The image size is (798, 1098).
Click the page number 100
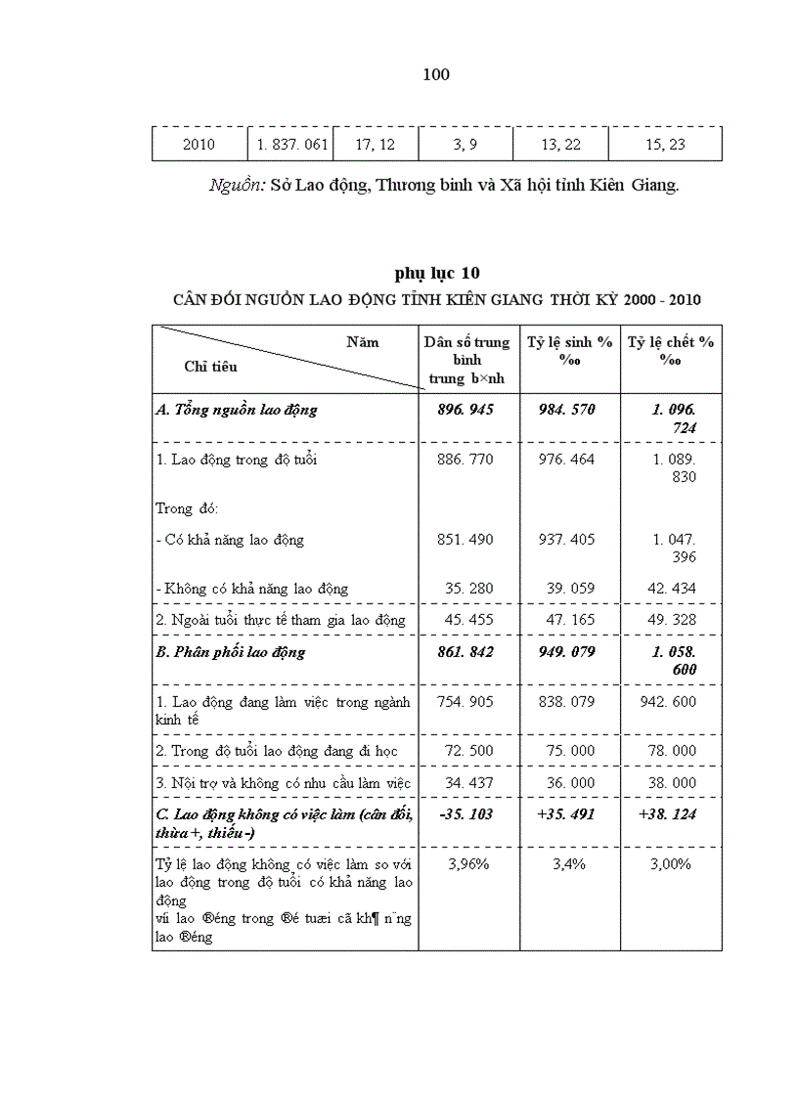(x=436, y=75)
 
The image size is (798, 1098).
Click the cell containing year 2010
(x=199, y=145)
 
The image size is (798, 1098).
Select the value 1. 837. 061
(x=290, y=145)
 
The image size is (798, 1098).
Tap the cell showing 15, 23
(x=665, y=145)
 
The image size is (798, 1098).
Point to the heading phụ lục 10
(x=437, y=273)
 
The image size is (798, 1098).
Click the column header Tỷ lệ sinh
(x=570, y=350)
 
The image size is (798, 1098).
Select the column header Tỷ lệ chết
(x=671, y=350)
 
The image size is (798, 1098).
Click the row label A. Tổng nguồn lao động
(x=237, y=410)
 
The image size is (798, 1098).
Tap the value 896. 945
(x=465, y=410)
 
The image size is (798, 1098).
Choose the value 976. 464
(x=566, y=460)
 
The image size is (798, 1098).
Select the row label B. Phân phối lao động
(x=231, y=652)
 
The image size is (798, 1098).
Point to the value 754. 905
(x=465, y=702)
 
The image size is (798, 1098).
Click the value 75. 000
(x=566, y=751)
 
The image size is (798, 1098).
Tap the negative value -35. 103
(x=465, y=813)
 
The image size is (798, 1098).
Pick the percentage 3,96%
(x=467, y=864)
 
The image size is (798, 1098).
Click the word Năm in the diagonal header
(x=362, y=342)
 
